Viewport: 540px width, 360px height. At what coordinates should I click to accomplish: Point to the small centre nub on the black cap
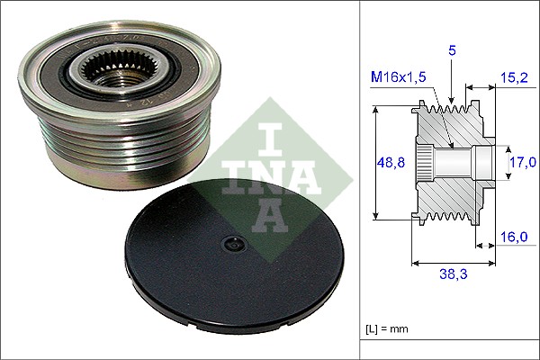click(x=233, y=243)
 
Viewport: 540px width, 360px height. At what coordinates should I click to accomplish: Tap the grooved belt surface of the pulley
click(x=90, y=144)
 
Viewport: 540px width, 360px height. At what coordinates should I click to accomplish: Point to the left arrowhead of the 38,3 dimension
click(x=415, y=264)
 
